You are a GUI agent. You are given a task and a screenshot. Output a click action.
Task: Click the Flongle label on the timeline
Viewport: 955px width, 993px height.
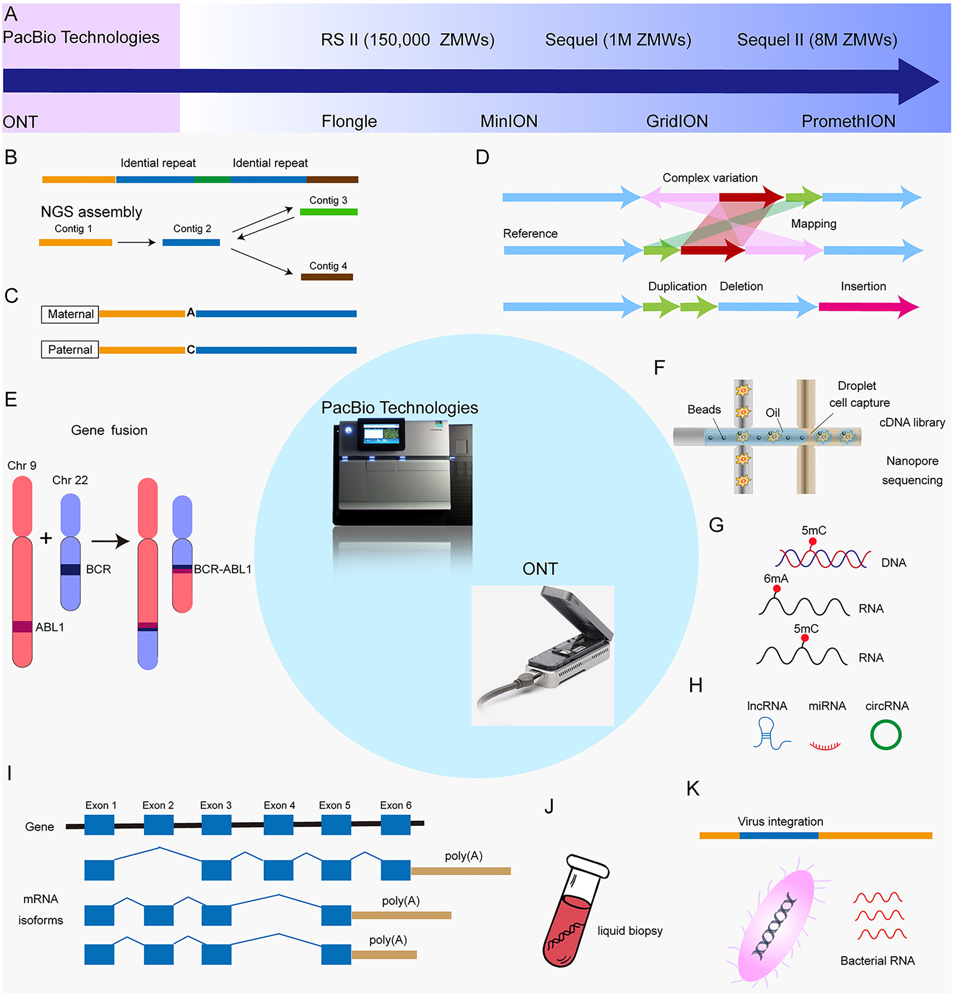[349, 121]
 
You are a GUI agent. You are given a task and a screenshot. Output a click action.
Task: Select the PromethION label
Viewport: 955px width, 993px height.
[848, 121]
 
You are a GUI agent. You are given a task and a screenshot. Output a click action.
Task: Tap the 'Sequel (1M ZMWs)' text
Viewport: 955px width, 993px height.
[618, 40]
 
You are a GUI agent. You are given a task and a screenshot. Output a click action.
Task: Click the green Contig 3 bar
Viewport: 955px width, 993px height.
[328, 212]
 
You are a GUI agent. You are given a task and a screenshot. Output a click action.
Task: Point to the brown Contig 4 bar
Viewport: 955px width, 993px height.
[327, 277]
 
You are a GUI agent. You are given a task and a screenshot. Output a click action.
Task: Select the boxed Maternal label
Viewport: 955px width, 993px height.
[70, 314]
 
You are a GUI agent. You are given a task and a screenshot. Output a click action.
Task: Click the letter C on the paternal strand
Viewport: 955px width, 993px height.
[191, 350]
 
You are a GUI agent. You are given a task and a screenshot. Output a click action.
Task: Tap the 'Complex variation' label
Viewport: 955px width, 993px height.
[710, 178]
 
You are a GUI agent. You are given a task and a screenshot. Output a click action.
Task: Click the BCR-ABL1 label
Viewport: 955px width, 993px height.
[223, 569]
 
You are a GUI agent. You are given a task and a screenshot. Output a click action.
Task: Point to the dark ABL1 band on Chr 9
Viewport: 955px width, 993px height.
[22, 626]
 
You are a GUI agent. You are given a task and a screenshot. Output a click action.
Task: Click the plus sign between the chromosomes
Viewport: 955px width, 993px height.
[46, 538]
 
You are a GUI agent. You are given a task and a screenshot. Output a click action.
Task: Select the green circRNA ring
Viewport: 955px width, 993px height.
[886, 735]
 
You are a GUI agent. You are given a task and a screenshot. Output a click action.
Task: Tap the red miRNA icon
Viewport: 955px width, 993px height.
[825, 745]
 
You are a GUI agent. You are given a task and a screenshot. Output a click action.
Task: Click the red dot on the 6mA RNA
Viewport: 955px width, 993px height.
[777, 589]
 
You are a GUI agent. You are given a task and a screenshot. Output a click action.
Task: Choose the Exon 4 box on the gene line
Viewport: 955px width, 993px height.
[278, 825]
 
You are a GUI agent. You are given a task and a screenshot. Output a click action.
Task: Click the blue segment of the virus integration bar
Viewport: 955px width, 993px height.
[778, 835]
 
